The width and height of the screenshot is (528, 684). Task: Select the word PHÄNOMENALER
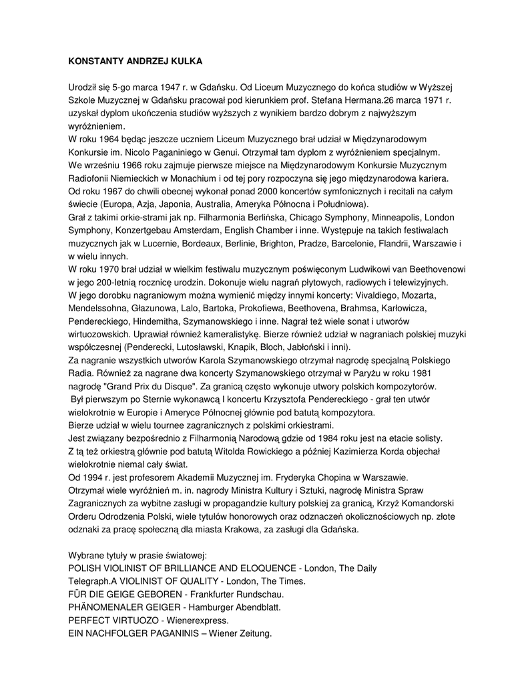tap(105, 607)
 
